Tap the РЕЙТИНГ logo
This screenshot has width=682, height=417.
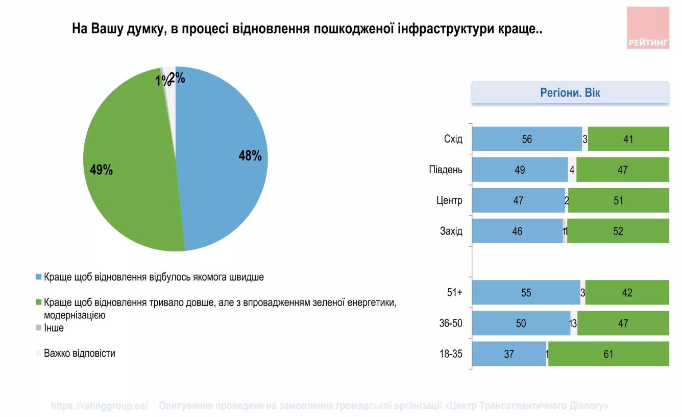[648, 28]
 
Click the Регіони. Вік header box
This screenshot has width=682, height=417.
[570, 93]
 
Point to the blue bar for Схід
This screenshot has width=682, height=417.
[526, 139]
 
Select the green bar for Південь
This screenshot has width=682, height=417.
[622, 170]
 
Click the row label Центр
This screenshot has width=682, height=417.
[450, 200]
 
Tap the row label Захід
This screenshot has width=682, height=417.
[451, 231]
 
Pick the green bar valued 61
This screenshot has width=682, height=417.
[608, 354]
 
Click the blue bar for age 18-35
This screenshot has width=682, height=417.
[508, 354]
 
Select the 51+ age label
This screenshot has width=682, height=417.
[454, 293]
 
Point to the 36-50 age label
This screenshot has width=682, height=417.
[451, 323]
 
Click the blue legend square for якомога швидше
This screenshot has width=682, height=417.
[39, 277]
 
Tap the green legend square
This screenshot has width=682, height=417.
[39, 302]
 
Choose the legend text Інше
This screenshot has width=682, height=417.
[54, 328]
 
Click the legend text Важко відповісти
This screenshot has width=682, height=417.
[79, 353]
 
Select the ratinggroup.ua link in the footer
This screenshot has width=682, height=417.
[100, 406]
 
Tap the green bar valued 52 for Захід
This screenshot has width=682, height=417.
[618, 231]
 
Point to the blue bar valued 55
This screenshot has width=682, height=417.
[526, 293]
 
